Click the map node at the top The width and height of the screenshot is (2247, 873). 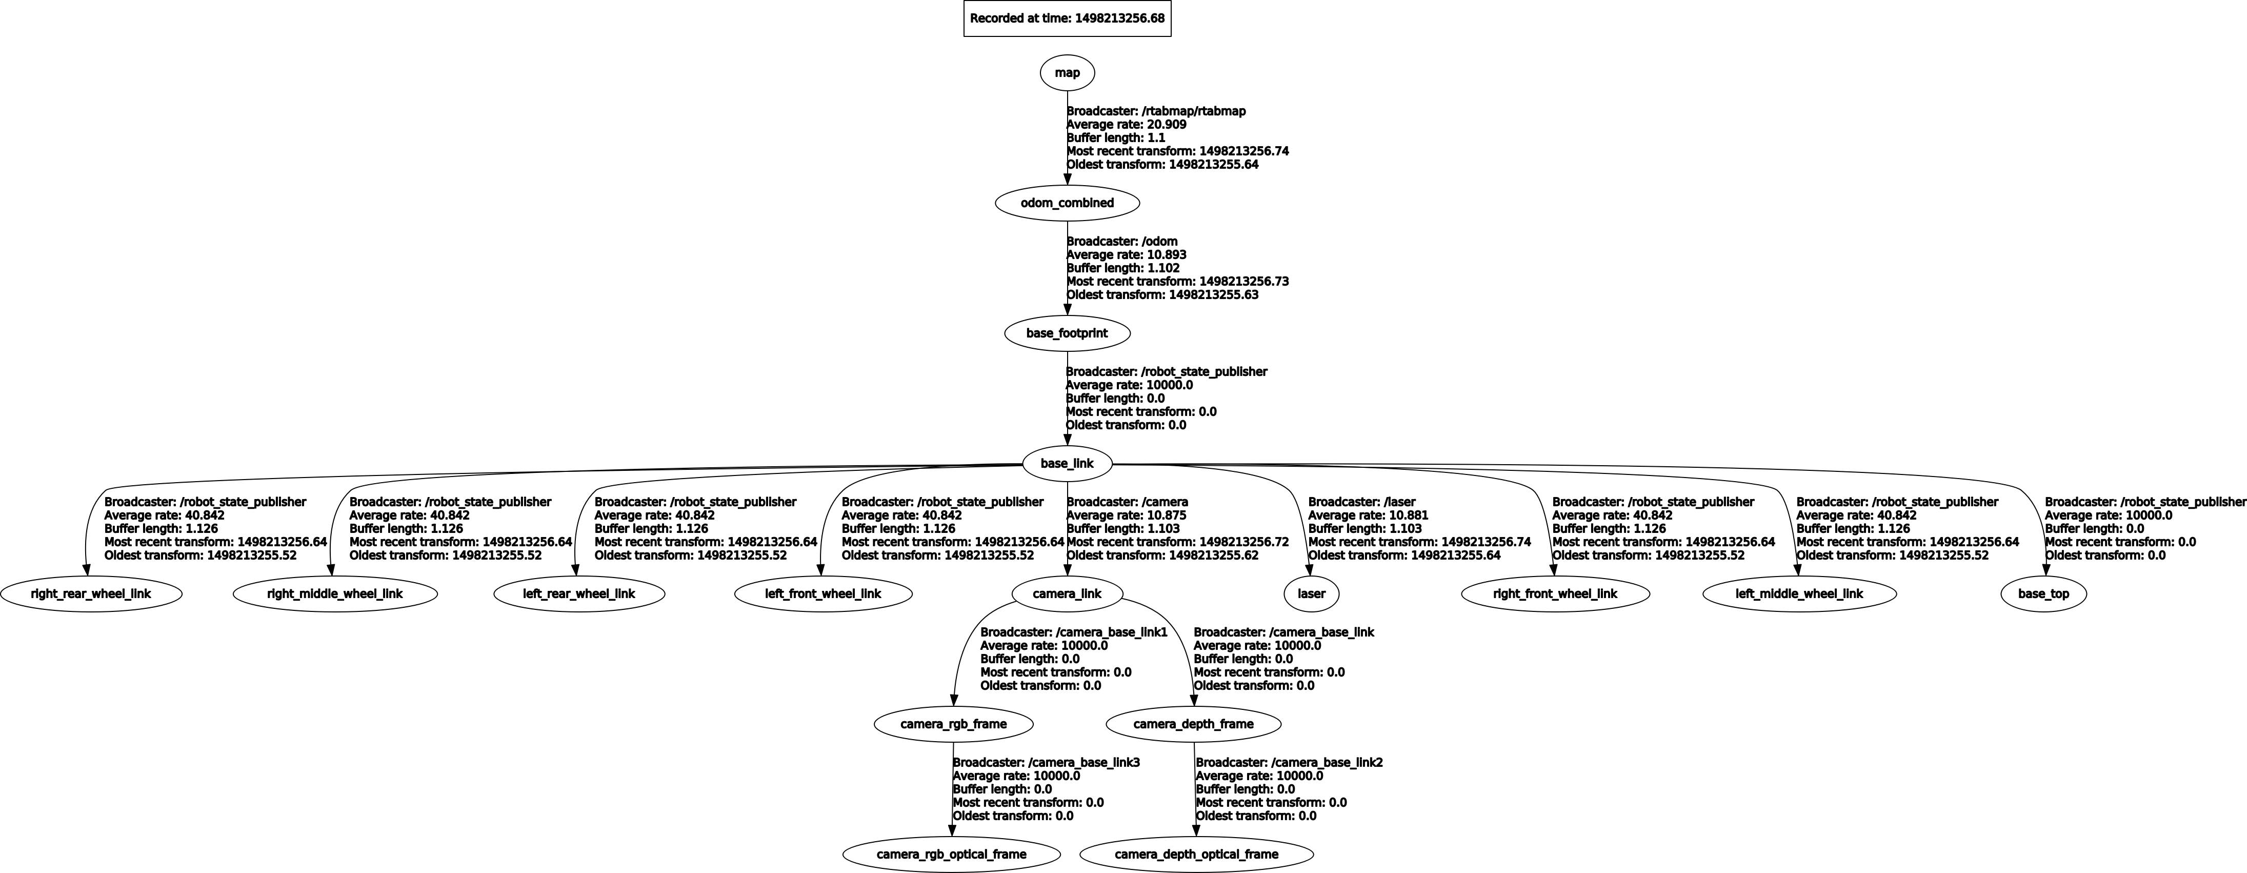click(1067, 72)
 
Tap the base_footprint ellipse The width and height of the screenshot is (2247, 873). click(1067, 333)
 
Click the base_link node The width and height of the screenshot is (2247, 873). click(1067, 463)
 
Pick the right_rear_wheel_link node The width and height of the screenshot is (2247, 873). click(91, 594)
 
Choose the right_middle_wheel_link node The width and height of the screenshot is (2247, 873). click(335, 594)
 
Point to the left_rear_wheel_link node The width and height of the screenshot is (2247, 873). click(579, 594)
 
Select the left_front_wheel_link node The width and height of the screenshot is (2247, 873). click(824, 594)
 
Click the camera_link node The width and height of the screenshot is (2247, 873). click(1067, 594)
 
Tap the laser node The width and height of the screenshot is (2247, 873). click(1311, 594)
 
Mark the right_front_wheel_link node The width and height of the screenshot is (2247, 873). click(1555, 594)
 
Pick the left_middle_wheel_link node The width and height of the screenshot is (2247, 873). click(1799, 594)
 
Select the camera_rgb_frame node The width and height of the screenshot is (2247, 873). click(953, 724)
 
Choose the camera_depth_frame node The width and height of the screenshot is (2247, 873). click(1193, 724)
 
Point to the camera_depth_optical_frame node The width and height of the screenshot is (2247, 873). click(1196, 854)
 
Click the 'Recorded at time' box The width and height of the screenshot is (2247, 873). click(1067, 18)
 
